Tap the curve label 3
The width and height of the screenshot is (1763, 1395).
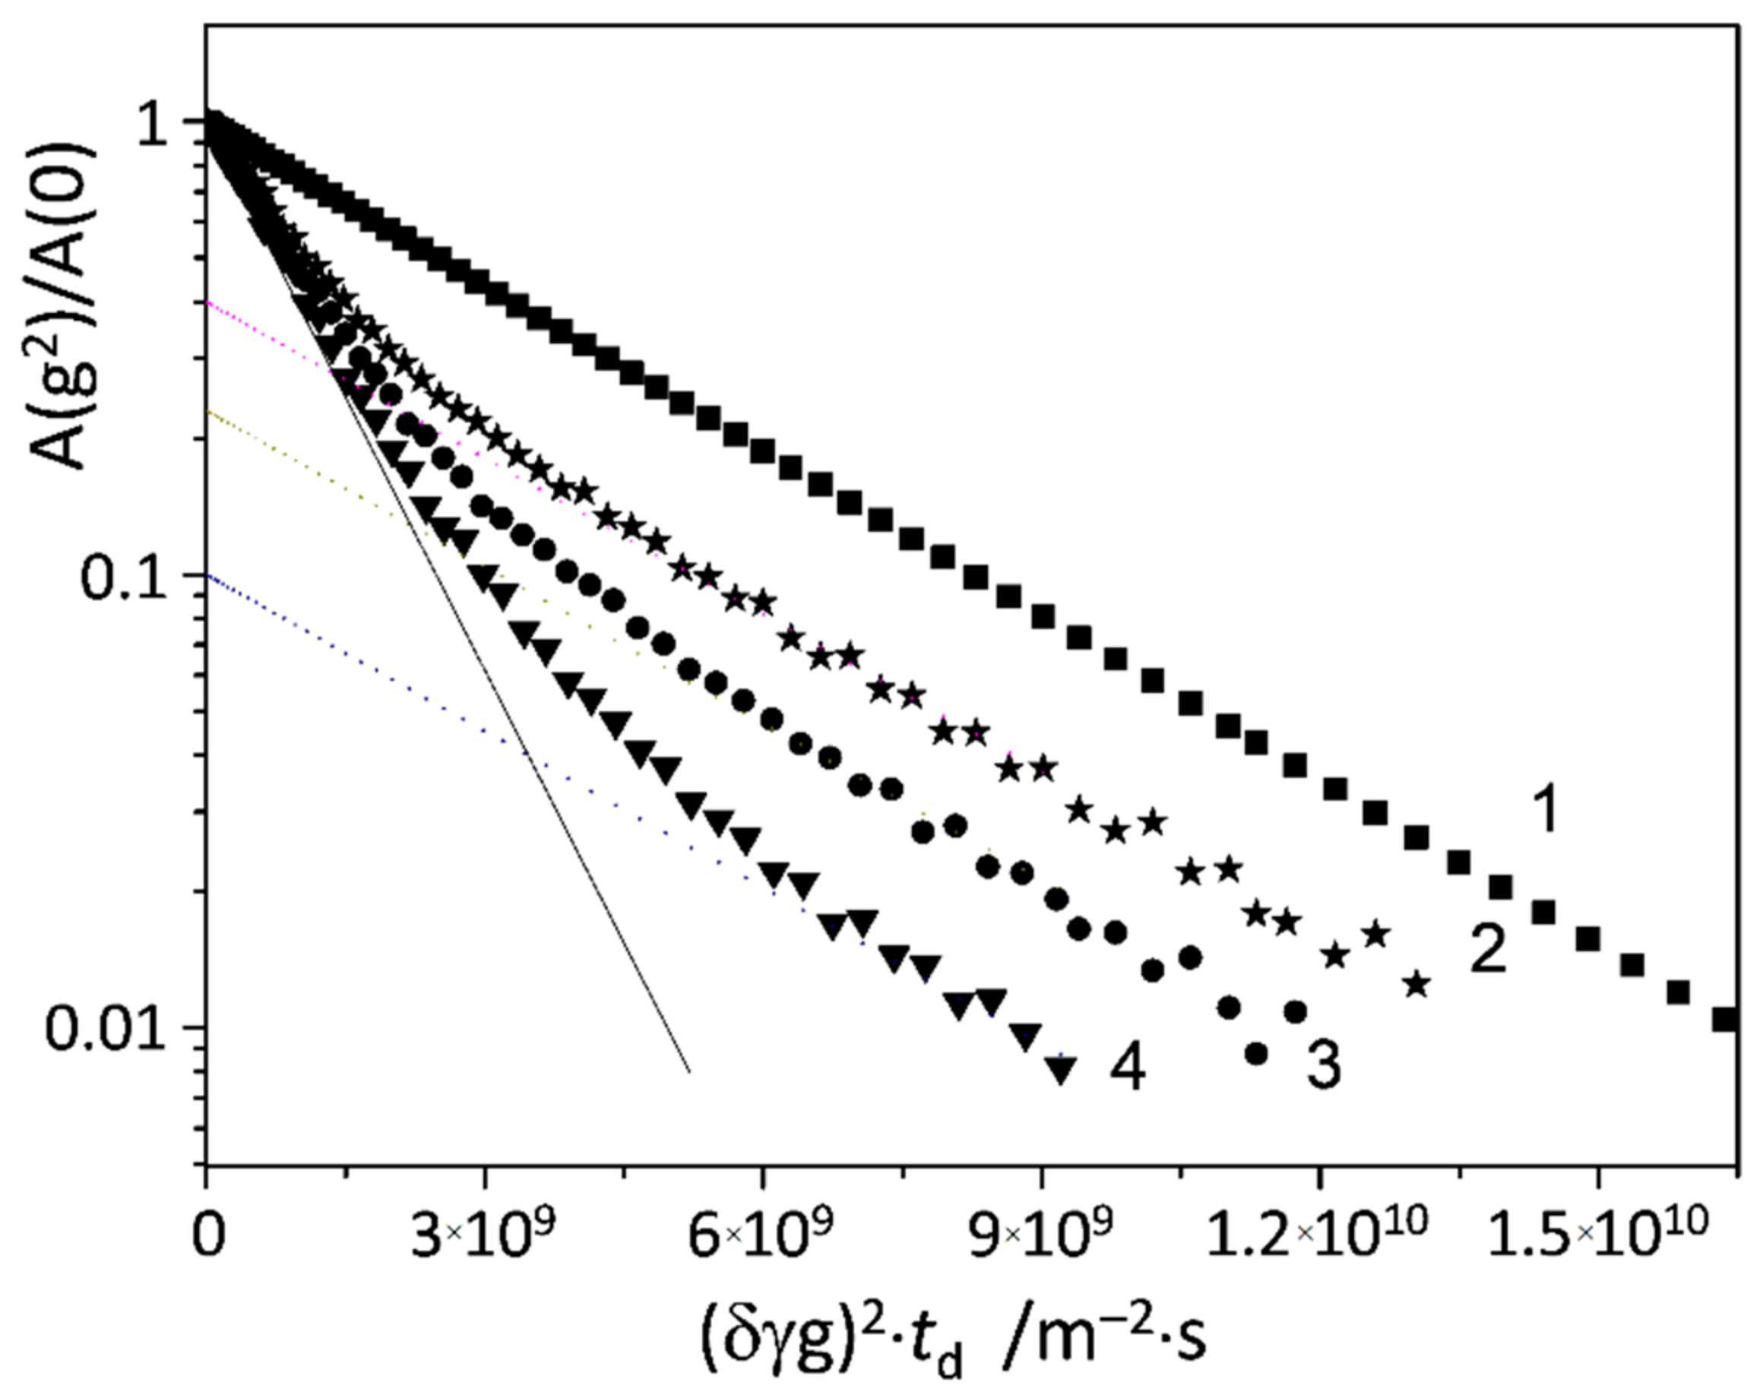(x=1324, y=1067)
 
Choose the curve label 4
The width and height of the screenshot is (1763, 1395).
(x=1128, y=1067)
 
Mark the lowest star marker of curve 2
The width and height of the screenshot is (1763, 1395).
(x=1417, y=984)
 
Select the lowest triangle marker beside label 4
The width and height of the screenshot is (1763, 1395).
(x=1059, y=1070)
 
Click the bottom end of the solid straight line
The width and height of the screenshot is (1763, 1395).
(x=690, y=1071)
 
